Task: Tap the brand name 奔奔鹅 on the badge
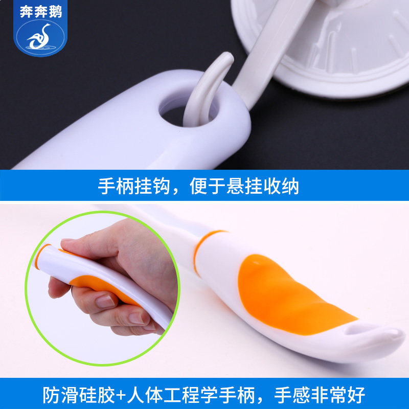click(41, 12)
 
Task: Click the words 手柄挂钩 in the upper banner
click(134, 186)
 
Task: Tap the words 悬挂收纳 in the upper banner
click(263, 186)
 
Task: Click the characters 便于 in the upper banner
click(208, 186)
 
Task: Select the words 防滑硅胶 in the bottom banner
click(79, 395)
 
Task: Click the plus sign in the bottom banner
click(121, 395)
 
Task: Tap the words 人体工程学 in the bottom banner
click(172, 395)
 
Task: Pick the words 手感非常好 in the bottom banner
click(320, 395)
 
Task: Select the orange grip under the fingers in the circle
click(104, 287)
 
